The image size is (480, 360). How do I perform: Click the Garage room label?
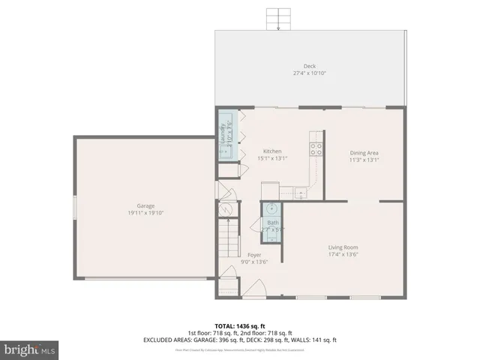(x=145, y=205)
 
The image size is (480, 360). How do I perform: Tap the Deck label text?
(x=310, y=66)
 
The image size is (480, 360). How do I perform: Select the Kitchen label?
(x=271, y=151)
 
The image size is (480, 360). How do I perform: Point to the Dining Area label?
(x=364, y=153)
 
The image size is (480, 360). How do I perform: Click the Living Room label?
(x=343, y=247)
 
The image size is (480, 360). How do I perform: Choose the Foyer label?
(x=255, y=255)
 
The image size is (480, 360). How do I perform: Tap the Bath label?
(x=272, y=222)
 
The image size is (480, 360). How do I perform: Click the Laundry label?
(x=223, y=133)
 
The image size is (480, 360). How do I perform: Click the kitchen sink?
(x=300, y=193)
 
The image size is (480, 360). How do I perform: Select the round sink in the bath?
(x=272, y=208)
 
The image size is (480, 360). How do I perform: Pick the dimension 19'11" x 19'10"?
(x=145, y=213)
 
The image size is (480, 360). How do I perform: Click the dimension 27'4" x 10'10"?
(x=310, y=73)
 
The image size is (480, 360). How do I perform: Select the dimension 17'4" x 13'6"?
(x=343, y=254)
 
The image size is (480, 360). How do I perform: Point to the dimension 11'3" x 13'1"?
(x=364, y=160)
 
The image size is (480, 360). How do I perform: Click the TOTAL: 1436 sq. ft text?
(x=239, y=325)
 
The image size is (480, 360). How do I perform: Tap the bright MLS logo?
(x=30, y=349)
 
